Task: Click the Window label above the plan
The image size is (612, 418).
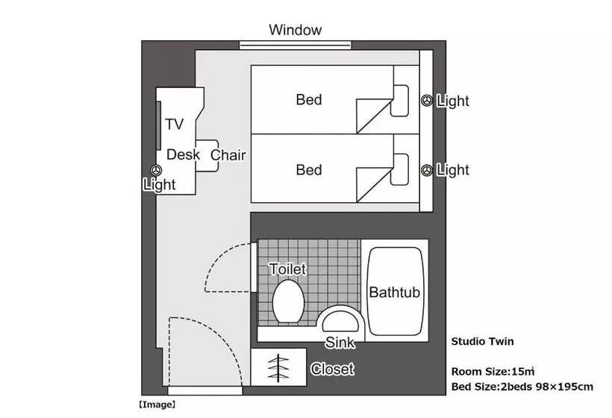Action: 295,30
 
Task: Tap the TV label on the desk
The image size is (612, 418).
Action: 174,124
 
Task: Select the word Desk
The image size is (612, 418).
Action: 183,155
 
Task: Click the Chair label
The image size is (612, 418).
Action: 228,155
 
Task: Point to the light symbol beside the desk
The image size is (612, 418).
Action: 157,170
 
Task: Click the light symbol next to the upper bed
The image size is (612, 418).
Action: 427,101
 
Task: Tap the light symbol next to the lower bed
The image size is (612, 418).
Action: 427,170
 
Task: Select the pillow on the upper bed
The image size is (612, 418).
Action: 400,101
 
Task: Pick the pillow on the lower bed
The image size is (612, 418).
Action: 400,169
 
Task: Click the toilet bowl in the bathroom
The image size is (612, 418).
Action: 288,302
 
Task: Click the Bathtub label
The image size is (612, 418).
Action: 394,293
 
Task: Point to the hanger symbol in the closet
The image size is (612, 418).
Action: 278,368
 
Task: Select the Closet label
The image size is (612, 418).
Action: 332,369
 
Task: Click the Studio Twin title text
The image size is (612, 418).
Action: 482,342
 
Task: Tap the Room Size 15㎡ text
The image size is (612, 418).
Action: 493,371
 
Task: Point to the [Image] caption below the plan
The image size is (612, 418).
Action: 157,405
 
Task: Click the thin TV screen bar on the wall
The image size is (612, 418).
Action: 159,125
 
